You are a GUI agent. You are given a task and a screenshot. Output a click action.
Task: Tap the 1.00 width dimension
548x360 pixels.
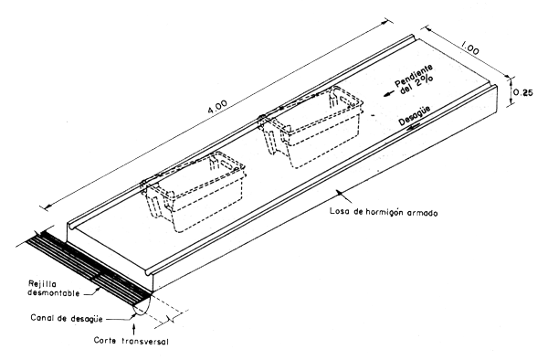point(470,42)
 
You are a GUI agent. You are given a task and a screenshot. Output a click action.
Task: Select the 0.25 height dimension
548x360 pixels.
point(524,92)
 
